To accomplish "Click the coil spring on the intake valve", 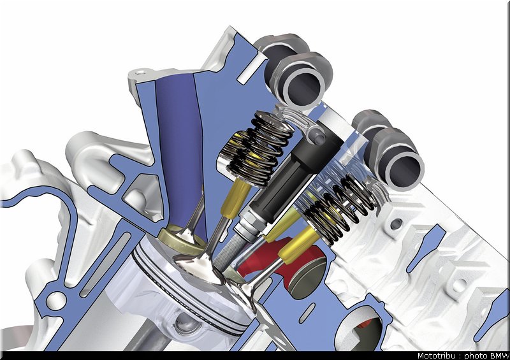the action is (260, 150).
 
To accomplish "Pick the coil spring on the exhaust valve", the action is (339, 208).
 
